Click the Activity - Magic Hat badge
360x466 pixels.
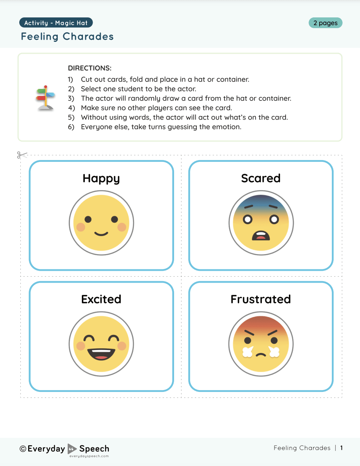point(56,23)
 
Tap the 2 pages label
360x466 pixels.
point(325,23)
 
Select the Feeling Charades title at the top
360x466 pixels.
point(67,37)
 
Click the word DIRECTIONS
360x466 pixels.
point(90,68)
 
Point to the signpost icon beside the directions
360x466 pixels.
point(46,98)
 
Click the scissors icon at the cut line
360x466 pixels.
point(22,155)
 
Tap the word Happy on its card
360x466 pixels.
point(101,179)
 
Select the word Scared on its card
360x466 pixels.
point(261,178)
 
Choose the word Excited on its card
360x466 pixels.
point(101,299)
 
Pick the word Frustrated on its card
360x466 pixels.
point(261,299)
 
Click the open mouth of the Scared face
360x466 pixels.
point(261,236)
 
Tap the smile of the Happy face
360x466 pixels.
point(101,234)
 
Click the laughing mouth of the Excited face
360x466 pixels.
point(101,354)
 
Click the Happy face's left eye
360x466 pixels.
point(88,219)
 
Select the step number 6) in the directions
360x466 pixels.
point(71,127)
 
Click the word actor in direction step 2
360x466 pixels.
point(187,89)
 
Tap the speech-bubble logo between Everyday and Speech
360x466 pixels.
point(72,449)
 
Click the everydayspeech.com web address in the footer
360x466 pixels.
point(89,456)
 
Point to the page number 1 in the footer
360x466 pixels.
point(341,448)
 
